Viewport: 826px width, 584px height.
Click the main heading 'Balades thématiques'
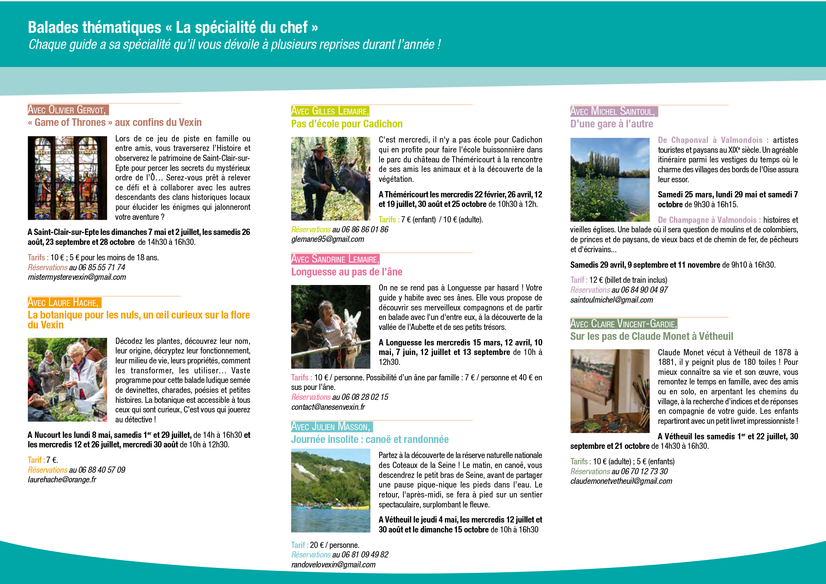pyautogui.click(x=95, y=28)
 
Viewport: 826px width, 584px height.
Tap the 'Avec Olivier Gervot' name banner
pyautogui.click(x=68, y=110)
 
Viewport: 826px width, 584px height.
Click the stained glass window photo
pyautogui.click(x=67, y=178)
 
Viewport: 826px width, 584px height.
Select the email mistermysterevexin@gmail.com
pyautogui.click(x=77, y=277)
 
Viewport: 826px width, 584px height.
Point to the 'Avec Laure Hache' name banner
pyautogui.click(x=64, y=303)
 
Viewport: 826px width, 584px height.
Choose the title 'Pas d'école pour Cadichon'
pyautogui.click(x=347, y=124)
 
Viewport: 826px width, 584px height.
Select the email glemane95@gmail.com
pyautogui.click(x=328, y=239)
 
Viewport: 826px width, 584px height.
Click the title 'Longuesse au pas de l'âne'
pyautogui.click(x=346, y=272)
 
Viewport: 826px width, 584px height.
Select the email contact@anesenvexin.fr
pyautogui.click(x=328, y=407)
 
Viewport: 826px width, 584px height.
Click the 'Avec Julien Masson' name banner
pyautogui.click(x=331, y=427)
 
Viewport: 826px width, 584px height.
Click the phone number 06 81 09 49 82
pyautogui.click(x=365, y=555)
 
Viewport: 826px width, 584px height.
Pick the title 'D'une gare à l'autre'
pyautogui.click(x=611, y=124)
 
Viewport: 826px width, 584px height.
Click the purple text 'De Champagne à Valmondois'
pyautogui.click(x=709, y=220)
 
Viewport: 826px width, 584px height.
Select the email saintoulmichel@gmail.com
pyautogui.click(x=611, y=300)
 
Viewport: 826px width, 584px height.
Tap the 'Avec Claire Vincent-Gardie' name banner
pyautogui.click(x=624, y=324)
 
